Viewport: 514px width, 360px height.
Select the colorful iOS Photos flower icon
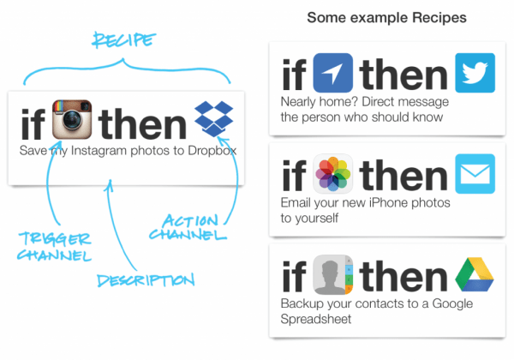coord(333,175)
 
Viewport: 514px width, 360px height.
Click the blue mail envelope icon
coord(475,175)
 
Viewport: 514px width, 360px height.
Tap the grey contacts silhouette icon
coord(333,275)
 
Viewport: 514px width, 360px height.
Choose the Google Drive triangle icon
coord(475,275)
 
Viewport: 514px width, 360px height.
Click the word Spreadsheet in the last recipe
coord(315,319)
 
